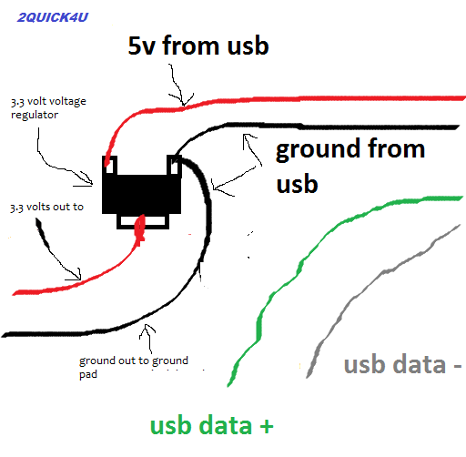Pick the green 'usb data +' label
coord(211,425)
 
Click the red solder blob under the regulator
coord(139,229)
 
